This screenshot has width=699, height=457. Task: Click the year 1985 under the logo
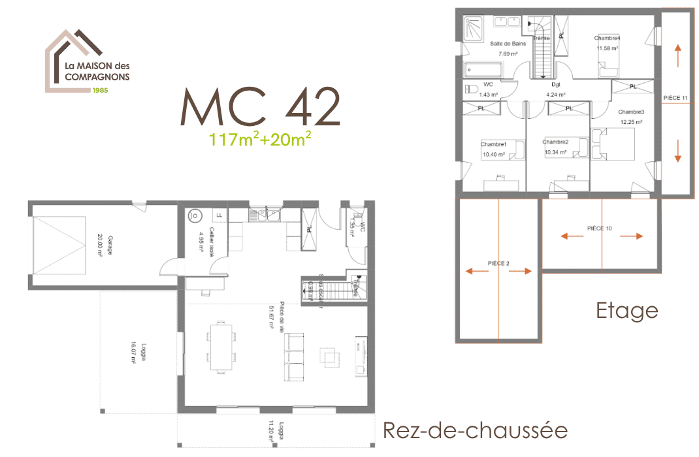coord(101,89)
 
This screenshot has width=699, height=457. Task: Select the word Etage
coord(626,311)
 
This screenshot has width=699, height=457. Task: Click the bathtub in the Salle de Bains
coord(483,70)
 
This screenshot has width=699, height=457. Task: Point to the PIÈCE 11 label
coord(675,98)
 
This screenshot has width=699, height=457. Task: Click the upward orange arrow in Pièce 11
coord(677,55)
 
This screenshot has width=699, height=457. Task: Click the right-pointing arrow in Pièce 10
coord(632,236)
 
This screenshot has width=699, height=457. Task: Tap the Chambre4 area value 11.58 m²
coord(607,48)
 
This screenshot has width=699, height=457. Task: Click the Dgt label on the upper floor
coord(555,84)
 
